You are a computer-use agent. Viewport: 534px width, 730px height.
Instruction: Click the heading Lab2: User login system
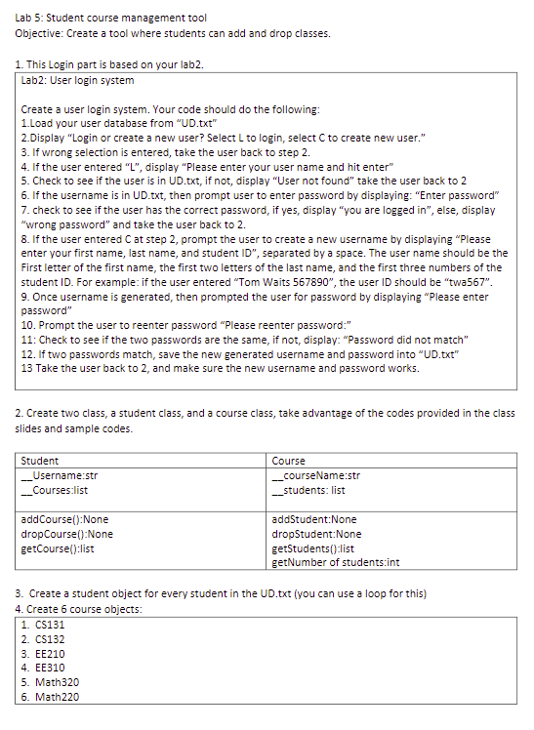[78, 80]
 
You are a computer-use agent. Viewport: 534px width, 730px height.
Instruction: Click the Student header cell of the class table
[40, 460]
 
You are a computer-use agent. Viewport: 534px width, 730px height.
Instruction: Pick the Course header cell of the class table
[288, 460]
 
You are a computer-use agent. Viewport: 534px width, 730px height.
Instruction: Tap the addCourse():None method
[64, 519]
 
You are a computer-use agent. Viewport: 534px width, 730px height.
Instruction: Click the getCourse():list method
[61, 547]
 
